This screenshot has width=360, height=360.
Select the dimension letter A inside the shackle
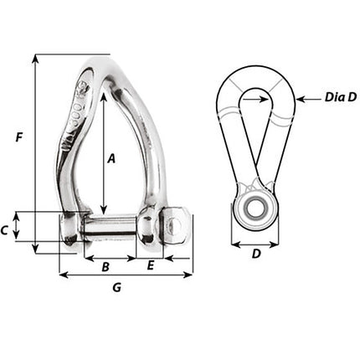pyautogui.click(x=112, y=157)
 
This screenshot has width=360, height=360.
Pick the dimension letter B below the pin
pyautogui.click(x=105, y=267)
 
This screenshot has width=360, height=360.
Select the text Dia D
pyautogui.click(x=340, y=98)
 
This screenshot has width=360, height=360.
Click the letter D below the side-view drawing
pyautogui.click(x=255, y=253)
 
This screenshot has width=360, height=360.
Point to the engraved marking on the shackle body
pyautogui.click(x=78, y=117)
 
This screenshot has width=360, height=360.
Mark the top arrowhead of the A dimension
pyautogui.click(x=103, y=94)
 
